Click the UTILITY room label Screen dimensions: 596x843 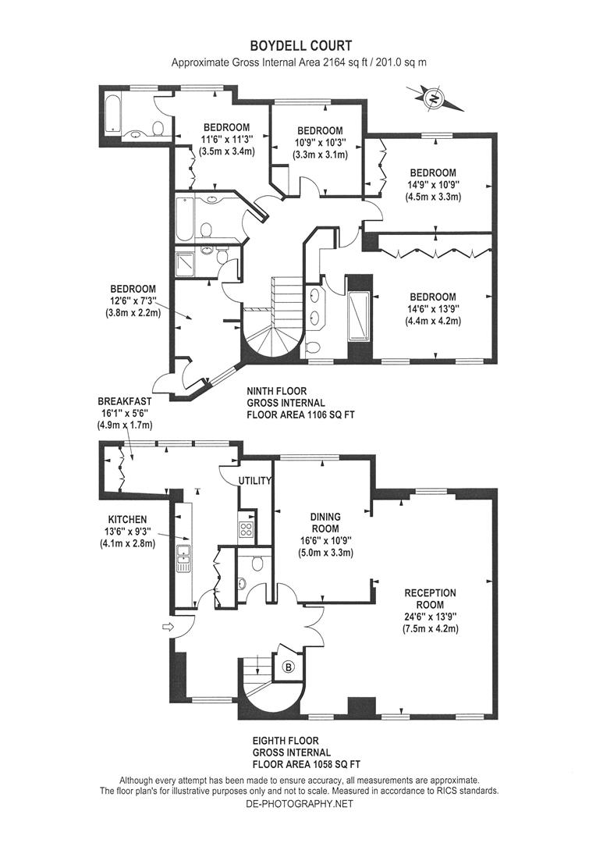[x=255, y=481]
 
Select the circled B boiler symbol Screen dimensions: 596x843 [x=289, y=667]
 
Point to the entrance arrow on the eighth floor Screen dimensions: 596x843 [x=169, y=626]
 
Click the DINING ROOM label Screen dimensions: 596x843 [x=325, y=522]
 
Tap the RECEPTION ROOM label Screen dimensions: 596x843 [x=430, y=599]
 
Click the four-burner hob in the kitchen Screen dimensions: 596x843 [x=247, y=529]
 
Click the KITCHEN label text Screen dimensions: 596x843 [x=127, y=519]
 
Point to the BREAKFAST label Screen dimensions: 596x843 [x=125, y=402]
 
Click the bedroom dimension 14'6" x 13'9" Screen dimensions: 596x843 [x=433, y=309]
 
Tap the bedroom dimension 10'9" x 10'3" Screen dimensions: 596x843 [x=320, y=143]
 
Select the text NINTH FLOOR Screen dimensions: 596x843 [x=277, y=391]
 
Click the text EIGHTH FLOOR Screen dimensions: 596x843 [x=286, y=741]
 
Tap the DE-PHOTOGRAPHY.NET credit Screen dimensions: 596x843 [x=299, y=804]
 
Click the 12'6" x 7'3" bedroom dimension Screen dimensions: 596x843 [x=133, y=301]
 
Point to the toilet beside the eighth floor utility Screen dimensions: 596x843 [x=257, y=564]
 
